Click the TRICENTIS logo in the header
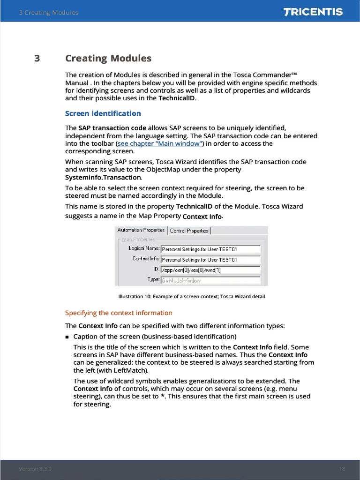click(313, 12)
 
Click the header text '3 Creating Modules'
click(48, 13)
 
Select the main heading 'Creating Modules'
click(108, 59)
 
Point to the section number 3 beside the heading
click(37, 59)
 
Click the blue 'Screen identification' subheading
click(103, 113)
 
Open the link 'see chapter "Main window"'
click(160, 143)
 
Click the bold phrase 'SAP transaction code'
click(112, 128)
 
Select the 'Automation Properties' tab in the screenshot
click(141, 230)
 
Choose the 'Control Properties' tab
click(189, 231)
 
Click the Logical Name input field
click(210, 249)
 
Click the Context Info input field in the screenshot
click(210, 259)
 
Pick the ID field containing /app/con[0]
click(210, 270)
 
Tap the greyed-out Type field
click(210, 280)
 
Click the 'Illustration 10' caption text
click(191, 297)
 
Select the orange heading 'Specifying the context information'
click(119, 313)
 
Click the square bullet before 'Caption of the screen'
click(67, 337)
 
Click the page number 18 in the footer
click(342, 469)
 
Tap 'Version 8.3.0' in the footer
click(35, 469)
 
